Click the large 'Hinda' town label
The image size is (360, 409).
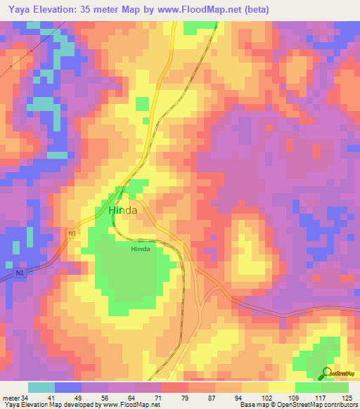(x=122, y=209)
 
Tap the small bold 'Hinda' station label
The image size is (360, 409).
(x=141, y=248)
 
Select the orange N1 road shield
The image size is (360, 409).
(x=72, y=233)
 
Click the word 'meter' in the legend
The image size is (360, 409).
(x=11, y=397)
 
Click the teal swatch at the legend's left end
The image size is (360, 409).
(x=41, y=387)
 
